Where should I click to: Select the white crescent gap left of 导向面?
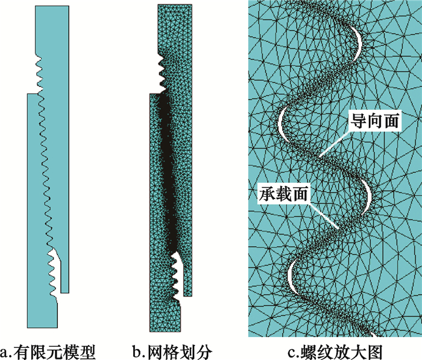[x=282, y=122]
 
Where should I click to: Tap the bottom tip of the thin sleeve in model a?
[x=65, y=289]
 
